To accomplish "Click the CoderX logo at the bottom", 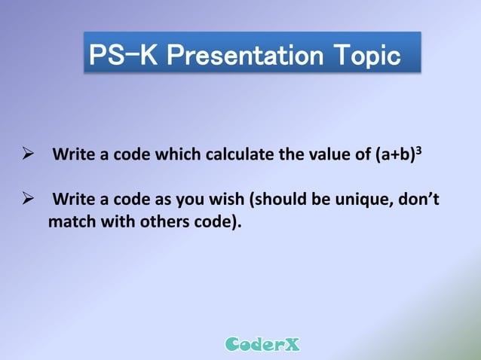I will [262, 345].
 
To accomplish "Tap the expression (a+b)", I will [394, 156].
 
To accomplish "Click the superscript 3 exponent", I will [418, 151].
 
